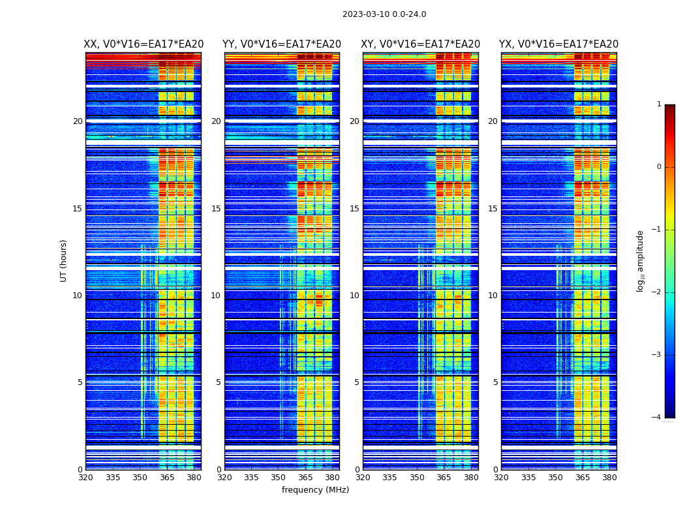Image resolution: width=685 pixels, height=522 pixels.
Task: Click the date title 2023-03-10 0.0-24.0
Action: (384, 14)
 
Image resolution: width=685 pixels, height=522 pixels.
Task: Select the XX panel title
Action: (144, 44)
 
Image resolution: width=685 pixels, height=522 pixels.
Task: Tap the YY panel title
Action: (282, 44)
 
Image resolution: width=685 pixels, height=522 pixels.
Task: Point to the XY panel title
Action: (420, 44)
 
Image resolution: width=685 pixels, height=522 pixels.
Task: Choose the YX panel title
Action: (558, 44)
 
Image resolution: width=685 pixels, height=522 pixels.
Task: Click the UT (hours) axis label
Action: (64, 260)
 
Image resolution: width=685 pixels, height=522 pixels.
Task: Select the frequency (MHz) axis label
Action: (315, 490)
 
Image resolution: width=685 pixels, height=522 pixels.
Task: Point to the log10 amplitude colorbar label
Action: (641, 260)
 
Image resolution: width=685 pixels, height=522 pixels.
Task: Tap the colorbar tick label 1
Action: (658, 104)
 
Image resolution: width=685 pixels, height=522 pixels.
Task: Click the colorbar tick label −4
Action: (657, 418)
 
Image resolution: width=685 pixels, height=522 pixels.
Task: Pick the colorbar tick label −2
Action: (657, 292)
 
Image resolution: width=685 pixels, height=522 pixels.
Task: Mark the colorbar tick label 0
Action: (658, 167)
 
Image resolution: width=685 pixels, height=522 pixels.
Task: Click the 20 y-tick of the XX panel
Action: (78, 121)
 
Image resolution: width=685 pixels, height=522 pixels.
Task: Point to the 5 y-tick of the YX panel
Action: (495, 382)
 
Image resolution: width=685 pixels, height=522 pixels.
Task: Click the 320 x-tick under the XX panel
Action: (85, 477)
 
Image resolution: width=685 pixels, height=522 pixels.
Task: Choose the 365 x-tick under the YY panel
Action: (305, 477)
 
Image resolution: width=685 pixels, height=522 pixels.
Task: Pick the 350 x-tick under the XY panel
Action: (417, 477)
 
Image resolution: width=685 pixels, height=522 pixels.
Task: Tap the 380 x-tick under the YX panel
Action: (609, 477)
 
